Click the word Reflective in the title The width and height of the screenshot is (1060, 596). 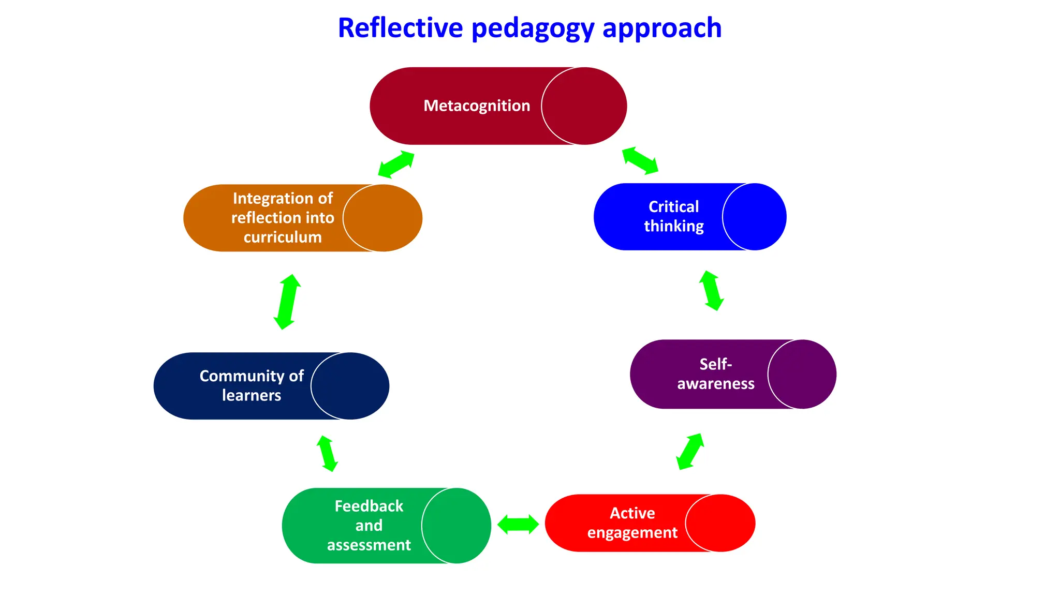400,28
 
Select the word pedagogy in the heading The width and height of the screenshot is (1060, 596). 533,29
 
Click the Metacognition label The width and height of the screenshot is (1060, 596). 477,106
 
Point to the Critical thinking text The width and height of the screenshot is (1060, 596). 673,216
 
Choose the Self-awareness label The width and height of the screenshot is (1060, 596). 715,374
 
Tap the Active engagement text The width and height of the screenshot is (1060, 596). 632,523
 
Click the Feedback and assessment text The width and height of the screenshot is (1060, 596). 369,525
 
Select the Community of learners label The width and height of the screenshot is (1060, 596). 252,385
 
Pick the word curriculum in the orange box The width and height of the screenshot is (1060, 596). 283,237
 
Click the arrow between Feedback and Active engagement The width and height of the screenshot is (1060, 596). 518,524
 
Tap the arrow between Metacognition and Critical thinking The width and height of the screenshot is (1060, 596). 640,161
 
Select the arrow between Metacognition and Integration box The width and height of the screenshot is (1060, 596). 396,165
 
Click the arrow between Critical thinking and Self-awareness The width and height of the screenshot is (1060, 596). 711,291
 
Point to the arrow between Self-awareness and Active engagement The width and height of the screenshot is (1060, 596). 690,451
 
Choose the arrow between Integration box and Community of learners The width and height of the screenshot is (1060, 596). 287,302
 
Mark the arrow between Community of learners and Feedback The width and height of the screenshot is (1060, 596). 327,453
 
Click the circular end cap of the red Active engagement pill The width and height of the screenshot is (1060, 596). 720,523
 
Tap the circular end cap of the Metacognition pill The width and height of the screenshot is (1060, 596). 584,106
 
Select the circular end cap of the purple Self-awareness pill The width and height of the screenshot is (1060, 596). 802,374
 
